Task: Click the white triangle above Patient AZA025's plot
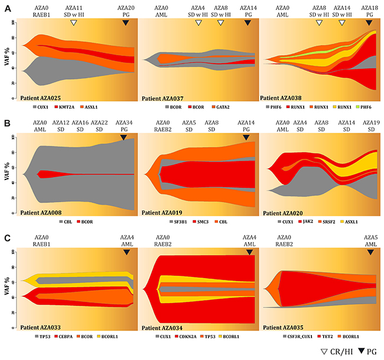coord(73,22)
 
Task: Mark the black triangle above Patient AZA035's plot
coord(370,252)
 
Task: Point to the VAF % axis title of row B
coord(7,172)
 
